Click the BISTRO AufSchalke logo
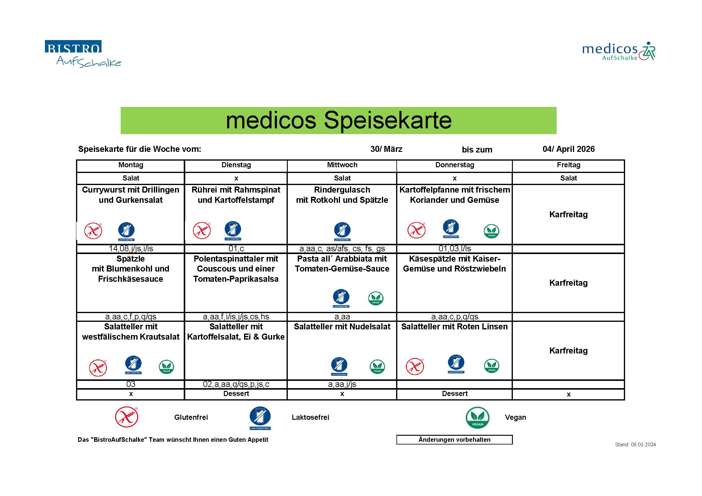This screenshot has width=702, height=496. point(83,54)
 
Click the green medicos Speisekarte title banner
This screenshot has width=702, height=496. point(338,120)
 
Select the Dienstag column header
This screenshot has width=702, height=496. point(236,165)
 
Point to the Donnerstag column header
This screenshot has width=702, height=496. point(454,165)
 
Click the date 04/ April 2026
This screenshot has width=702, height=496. point(568,149)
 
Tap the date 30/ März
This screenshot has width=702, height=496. point(386,149)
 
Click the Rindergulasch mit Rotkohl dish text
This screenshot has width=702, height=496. point(342,195)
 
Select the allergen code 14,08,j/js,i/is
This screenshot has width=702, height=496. point(131,249)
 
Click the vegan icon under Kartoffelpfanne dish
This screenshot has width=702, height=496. point(491,231)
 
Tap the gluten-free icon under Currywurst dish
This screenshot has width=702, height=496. point(93,231)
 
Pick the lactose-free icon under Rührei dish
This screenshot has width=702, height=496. point(233,230)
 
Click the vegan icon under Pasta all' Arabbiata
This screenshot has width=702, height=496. point(376,298)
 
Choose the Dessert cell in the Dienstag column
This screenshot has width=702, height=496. point(236,394)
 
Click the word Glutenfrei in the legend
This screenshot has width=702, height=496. point(191,418)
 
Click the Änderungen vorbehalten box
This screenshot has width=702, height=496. point(454,440)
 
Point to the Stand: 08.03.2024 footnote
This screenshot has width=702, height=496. point(635,445)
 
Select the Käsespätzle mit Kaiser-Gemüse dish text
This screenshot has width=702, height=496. point(454,264)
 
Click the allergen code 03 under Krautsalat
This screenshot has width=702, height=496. point(131,384)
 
